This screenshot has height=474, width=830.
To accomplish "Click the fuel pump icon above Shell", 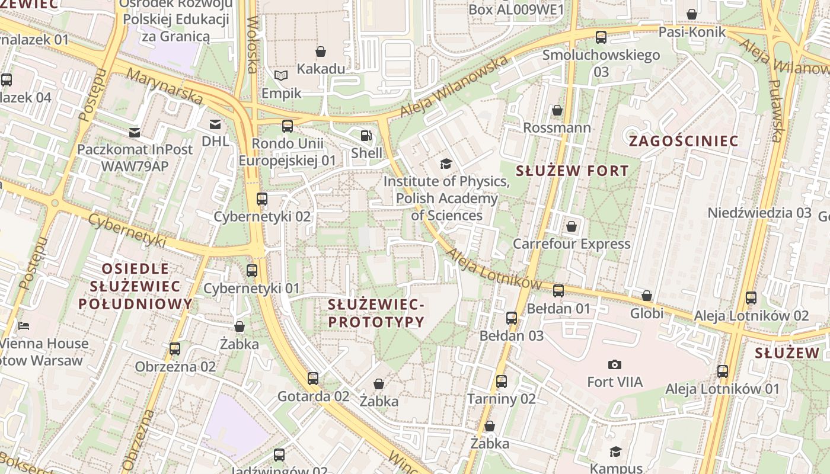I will tap(366, 136).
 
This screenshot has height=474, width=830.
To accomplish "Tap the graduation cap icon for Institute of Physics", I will tap(445, 164).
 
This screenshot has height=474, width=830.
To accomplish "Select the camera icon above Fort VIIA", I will tap(615, 364).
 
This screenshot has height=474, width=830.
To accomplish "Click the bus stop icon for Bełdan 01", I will tap(558, 290).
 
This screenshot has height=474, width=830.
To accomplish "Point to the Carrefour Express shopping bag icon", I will tap(572, 226).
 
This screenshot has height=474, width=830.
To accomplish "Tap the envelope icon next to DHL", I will tap(215, 124).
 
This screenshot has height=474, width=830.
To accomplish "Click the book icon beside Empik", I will tap(281, 76).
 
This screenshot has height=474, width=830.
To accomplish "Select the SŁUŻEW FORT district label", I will tap(572, 171).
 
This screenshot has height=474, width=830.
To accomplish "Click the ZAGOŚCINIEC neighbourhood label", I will tap(684, 141).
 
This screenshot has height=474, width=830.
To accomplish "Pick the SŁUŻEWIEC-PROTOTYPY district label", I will tap(376, 313).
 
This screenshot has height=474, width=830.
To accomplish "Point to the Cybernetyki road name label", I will tap(127, 230).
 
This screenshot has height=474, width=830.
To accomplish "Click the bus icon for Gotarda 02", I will tap(313, 378).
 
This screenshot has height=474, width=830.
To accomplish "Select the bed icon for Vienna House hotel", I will tap(24, 326).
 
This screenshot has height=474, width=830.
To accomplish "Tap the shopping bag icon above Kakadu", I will tap(321, 52).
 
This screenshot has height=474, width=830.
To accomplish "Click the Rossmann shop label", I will tap(557, 128).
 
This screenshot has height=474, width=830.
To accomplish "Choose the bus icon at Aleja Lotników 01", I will tap(722, 371).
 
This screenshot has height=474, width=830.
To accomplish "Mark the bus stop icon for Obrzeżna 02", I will tap(175, 349).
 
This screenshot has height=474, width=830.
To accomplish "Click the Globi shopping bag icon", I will tap(647, 295).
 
